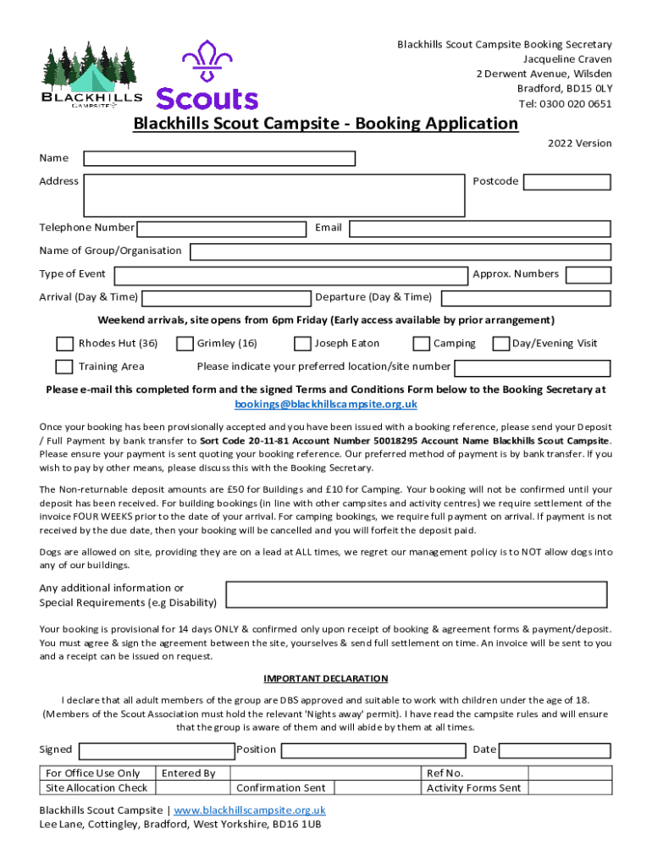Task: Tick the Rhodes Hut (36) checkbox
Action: point(64,344)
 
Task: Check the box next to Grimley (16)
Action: point(184,344)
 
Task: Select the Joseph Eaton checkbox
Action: point(302,344)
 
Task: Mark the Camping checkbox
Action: point(421,344)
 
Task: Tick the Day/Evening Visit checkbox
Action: point(500,344)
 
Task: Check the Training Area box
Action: point(64,367)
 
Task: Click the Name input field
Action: point(218,158)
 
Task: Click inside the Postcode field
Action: point(566,181)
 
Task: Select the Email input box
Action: point(480,229)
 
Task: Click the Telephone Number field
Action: point(221,229)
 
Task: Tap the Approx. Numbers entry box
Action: point(588,274)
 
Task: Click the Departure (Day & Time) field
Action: point(526,298)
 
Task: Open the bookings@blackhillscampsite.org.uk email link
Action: point(325,405)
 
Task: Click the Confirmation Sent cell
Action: point(281,788)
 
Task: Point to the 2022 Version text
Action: point(579,143)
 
